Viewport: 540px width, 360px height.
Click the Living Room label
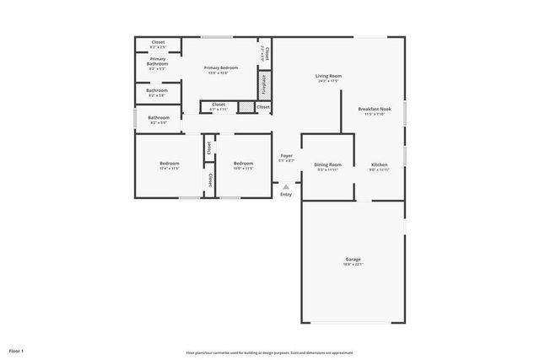click(329, 76)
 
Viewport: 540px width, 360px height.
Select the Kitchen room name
click(379, 164)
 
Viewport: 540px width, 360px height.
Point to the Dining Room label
click(327, 164)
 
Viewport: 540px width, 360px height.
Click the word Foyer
click(286, 155)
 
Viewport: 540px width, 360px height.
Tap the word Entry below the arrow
click(286, 195)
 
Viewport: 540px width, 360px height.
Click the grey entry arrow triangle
click(286, 186)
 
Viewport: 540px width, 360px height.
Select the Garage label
click(353, 259)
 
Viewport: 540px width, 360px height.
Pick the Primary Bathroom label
click(158, 61)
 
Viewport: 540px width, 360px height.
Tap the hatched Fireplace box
click(264, 86)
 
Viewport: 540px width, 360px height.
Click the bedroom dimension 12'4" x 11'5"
click(169, 169)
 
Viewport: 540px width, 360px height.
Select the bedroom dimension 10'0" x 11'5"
click(243, 169)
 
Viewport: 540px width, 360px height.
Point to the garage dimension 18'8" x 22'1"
click(353, 265)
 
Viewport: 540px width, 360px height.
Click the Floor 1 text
click(17, 350)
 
